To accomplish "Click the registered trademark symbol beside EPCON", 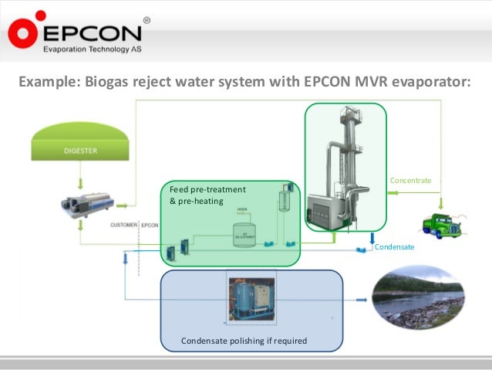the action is tap(147, 21).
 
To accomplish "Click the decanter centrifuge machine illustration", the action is tap(87, 205).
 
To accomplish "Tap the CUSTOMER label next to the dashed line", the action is tap(123, 225).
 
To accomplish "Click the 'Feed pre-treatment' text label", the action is tap(207, 189).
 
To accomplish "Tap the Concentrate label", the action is tap(410, 181).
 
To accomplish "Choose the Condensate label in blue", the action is tap(394, 247).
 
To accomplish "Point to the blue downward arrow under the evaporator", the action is tap(372, 238).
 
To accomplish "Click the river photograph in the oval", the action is tap(418, 297).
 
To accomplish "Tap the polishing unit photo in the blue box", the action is tap(251, 297).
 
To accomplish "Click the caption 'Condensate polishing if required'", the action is tap(244, 341).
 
